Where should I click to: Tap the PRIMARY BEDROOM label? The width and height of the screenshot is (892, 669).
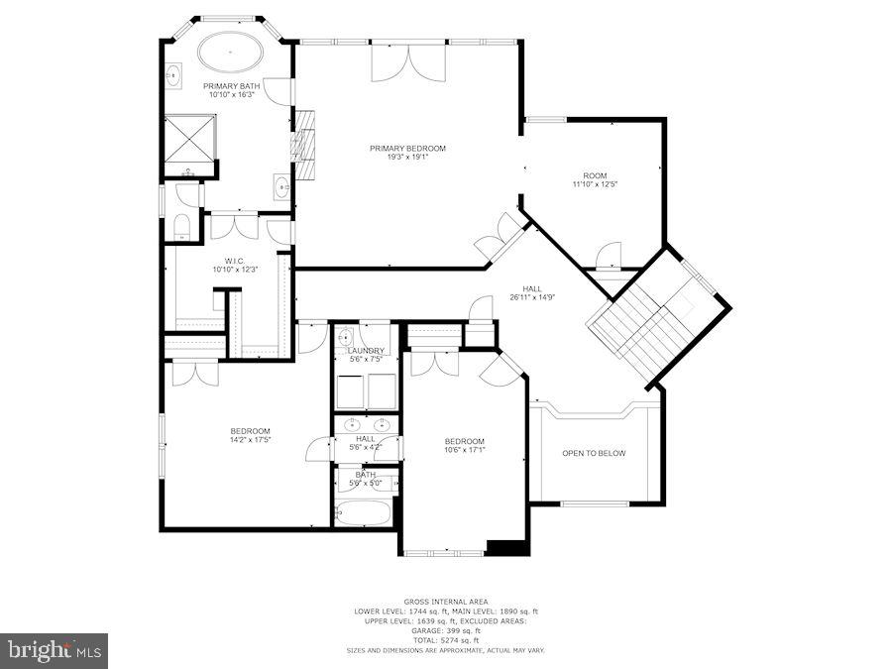407,149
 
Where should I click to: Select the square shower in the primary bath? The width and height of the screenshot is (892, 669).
188,140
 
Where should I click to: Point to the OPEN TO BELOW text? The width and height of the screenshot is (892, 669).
594,453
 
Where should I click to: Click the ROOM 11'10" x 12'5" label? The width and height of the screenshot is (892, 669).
595,184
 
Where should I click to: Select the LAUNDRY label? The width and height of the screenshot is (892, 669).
366,351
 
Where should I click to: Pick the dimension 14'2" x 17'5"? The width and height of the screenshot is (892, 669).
250,439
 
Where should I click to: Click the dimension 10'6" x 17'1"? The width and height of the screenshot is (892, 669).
464,450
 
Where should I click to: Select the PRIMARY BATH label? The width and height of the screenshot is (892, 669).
232,86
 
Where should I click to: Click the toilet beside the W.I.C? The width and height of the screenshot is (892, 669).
182,228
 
